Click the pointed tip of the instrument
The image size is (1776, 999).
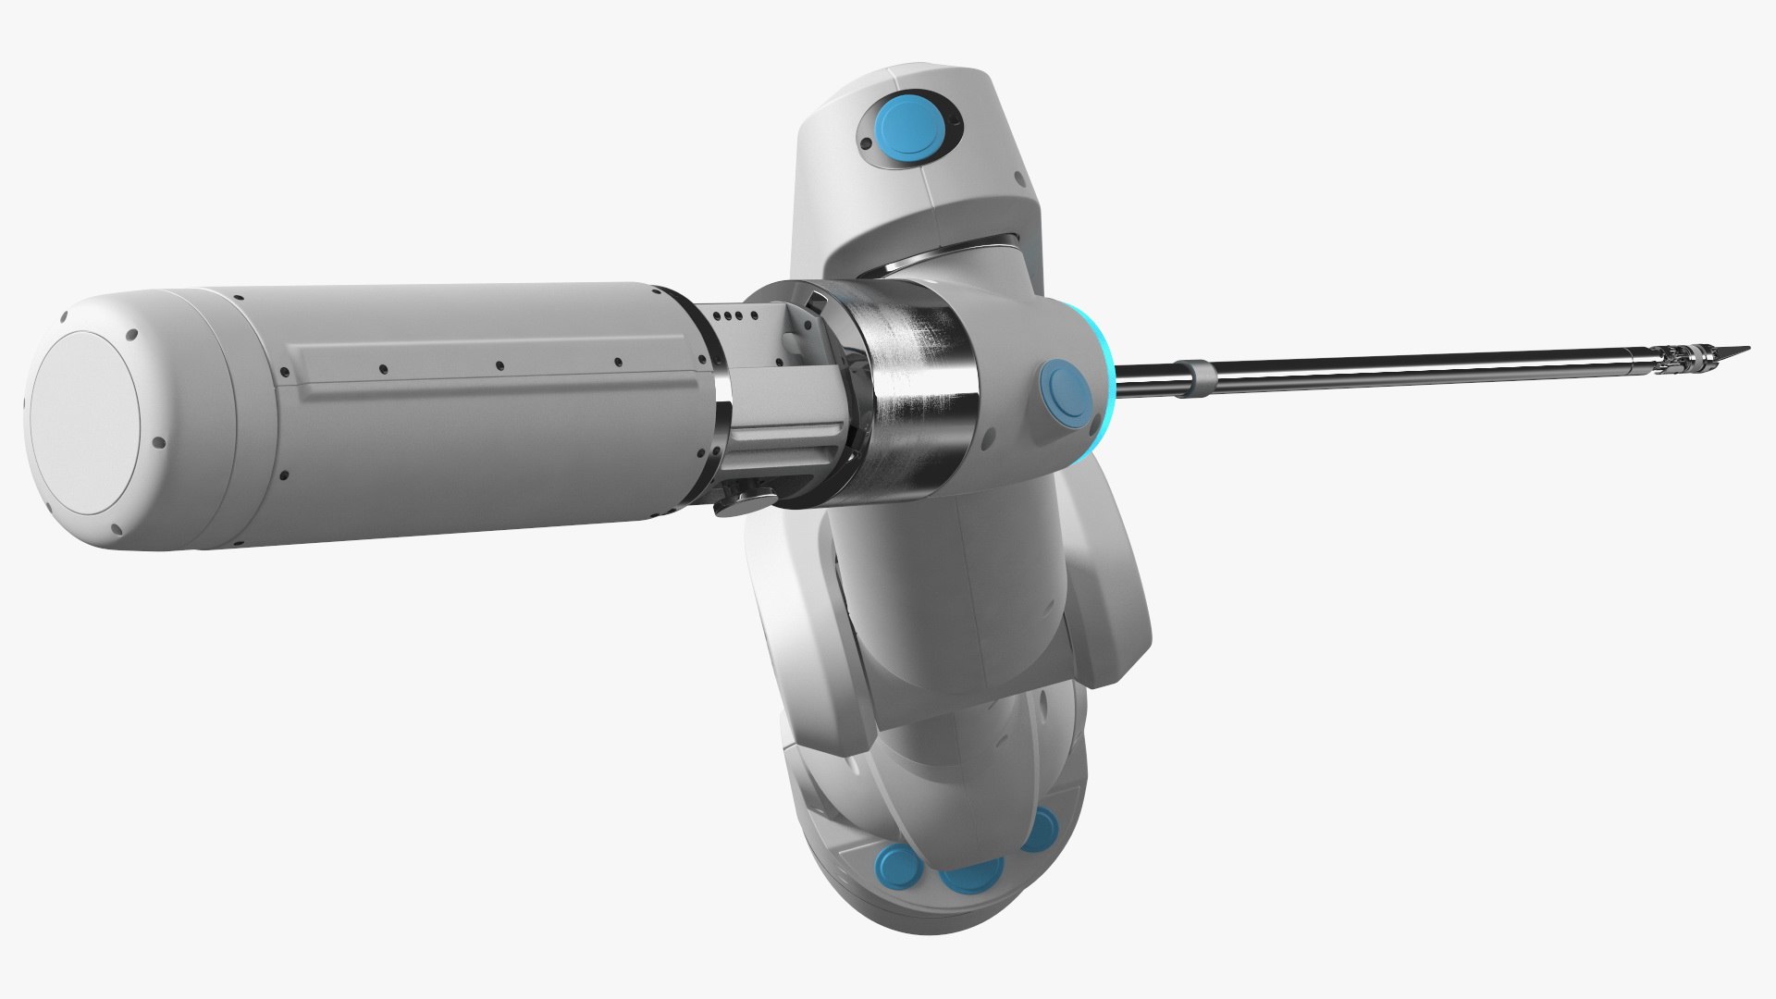(x=1745, y=347)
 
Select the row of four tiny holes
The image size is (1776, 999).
(x=731, y=316)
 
